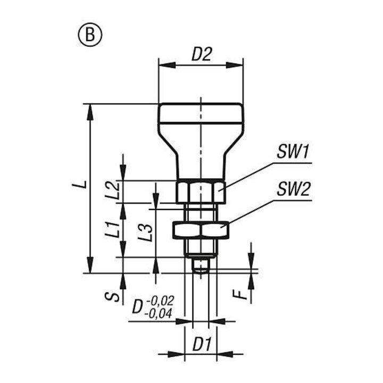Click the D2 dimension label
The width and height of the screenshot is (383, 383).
(201, 54)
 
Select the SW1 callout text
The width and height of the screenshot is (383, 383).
(293, 152)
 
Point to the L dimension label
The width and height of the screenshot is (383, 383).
(79, 184)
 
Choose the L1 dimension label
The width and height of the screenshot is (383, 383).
(113, 230)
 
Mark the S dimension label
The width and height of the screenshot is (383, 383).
(112, 296)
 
